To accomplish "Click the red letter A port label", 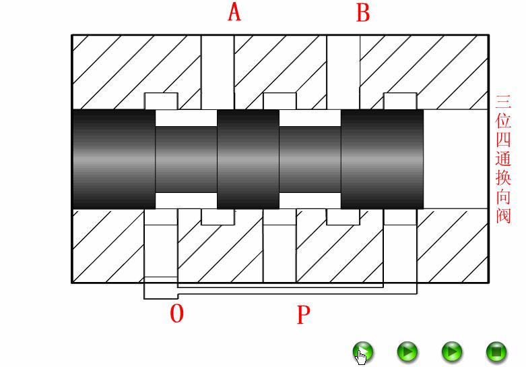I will point(234,12).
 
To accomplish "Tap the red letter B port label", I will point(363,12).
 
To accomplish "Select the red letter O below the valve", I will point(176,314).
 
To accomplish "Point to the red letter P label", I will point(304,314).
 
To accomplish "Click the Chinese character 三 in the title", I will point(503,103).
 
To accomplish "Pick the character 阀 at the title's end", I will point(503,215).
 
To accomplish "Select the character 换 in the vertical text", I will point(503,178).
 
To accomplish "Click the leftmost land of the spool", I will point(113,159).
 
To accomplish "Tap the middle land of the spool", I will point(248,159).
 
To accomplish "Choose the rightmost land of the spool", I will point(383,159).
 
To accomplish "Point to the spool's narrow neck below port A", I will point(186,159).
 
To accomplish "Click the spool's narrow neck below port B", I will point(310,159).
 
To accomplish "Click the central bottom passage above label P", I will point(280,253).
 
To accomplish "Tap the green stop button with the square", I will point(496,351).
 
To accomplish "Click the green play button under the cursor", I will point(363,351).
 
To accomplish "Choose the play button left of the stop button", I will point(452,351).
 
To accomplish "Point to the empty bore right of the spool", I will point(455,159).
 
